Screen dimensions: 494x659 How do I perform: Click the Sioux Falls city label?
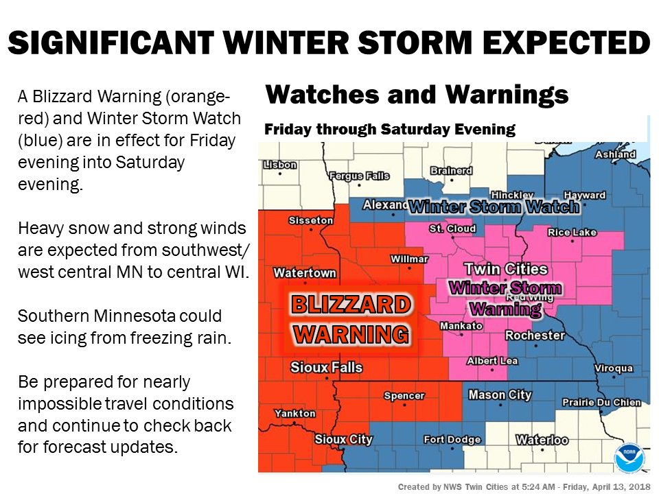(326, 367)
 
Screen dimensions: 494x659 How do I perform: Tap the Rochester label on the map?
(535, 336)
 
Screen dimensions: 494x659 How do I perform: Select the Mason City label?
(500, 395)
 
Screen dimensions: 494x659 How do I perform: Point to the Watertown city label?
(305, 273)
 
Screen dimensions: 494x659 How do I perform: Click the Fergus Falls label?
(359, 176)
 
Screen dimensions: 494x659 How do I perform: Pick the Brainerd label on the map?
(451, 170)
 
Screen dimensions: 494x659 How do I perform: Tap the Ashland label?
(616, 154)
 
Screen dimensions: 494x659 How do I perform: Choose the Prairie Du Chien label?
(601, 403)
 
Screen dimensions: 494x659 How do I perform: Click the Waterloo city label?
(542, 440)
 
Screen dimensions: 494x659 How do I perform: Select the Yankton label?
(295, 414)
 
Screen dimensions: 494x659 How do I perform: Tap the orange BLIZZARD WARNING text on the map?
(352, 319)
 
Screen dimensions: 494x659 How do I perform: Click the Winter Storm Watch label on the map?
(494, 207)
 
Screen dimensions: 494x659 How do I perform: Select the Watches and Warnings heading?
(416, 94)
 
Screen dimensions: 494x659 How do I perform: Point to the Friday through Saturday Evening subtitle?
(390, 129)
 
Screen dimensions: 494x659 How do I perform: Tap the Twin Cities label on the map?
(506, 269)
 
